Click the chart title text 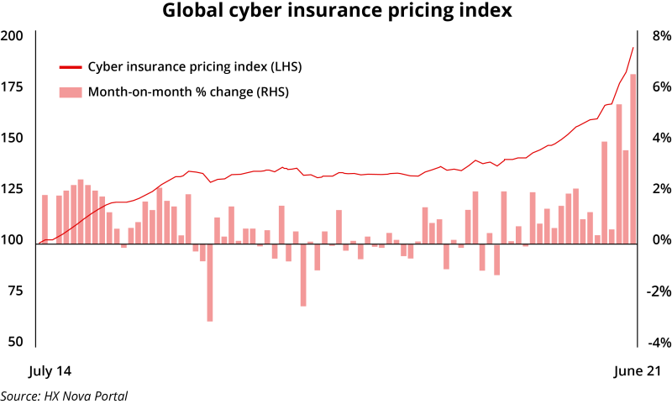tap(335, 12)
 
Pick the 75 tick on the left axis tap(15, 291)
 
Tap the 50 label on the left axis tap(15, 343)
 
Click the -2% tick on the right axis tap(658, 291)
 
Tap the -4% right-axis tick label tap(658, 343)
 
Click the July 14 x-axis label tap(50, 370)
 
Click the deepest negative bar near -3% tap(210, 281)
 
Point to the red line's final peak tap(633, 48)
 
